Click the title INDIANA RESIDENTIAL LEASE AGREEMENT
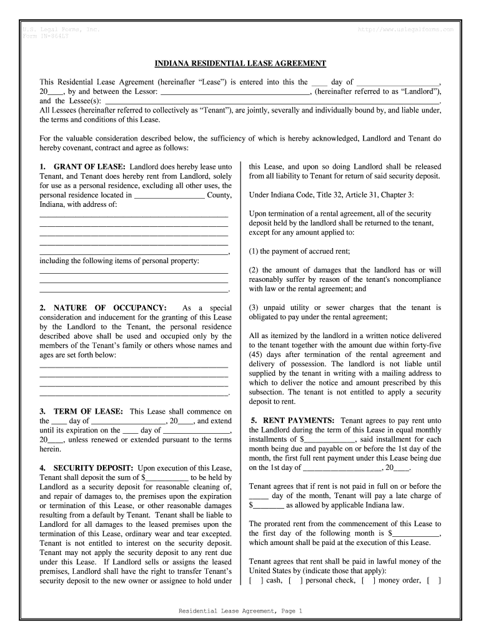241,64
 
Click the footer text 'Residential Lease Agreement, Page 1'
241,611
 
